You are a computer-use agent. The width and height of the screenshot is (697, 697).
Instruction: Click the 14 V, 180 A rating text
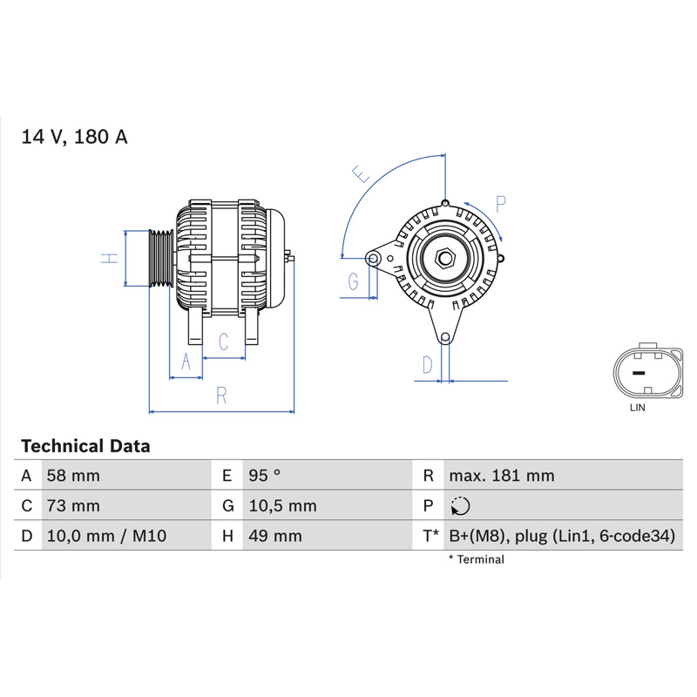74,137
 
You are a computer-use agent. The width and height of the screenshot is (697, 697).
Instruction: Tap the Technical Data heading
85,446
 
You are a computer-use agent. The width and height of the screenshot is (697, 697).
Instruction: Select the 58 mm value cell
73,476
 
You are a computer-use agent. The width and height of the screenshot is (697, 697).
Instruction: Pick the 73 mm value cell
73,506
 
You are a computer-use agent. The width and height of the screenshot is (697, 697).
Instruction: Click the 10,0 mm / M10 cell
106,536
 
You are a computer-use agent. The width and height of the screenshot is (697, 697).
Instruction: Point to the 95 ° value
265,476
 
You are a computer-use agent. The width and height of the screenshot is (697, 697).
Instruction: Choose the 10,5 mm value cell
282,506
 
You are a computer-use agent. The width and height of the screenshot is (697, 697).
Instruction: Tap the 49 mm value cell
275,536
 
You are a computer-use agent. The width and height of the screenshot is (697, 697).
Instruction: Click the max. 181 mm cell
502,476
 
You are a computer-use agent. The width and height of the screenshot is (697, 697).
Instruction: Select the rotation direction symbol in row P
460,506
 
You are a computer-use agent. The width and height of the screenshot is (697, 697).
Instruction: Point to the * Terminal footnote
477,559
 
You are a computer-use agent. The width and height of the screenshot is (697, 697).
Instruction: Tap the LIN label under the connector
638,407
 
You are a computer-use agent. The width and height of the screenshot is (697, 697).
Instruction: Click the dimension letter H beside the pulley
110,258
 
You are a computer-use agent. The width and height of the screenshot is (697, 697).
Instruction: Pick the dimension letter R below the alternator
221,396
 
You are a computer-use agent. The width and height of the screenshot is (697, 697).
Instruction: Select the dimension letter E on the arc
361,173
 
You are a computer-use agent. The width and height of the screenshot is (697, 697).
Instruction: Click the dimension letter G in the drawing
353,281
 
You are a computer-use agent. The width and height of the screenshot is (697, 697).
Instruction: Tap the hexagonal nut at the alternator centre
445,258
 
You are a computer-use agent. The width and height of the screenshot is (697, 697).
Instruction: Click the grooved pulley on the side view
161,258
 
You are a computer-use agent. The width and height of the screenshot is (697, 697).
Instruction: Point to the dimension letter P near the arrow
500,204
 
